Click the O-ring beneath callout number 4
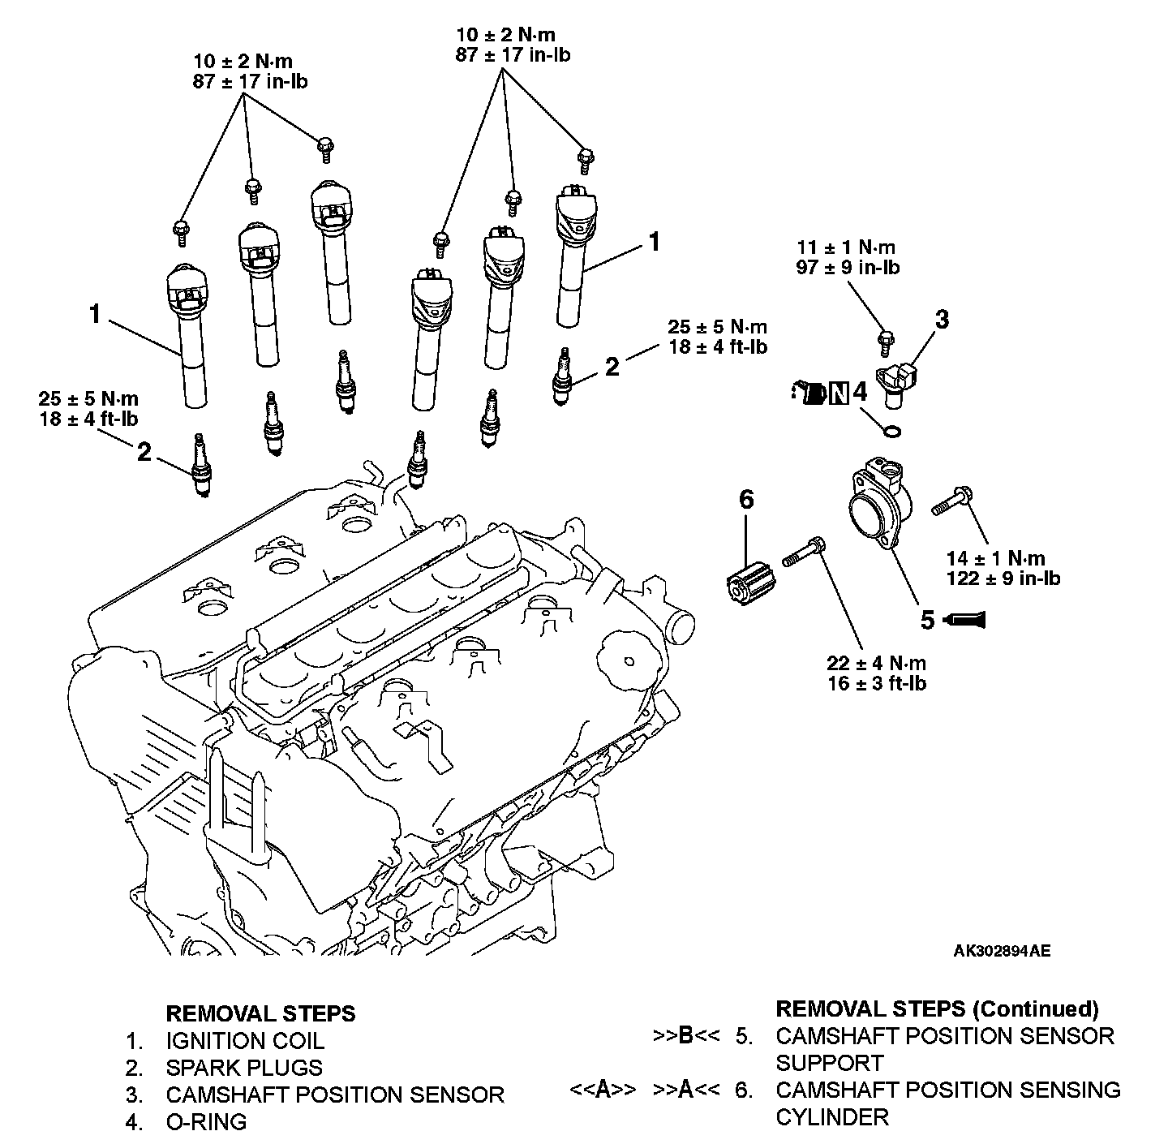[x=892, y=432]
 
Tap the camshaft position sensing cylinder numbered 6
[x=750, y=585]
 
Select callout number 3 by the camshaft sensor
[x=942, y=319]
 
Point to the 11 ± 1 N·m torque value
[x=845, y=247]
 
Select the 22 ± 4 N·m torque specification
[x=877, y=663]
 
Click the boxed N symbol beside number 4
[x=839, y=393]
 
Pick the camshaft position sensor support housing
[x=879, y=505]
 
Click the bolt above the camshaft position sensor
[x=886, y=342]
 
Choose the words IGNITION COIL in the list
[x=245, y=1041]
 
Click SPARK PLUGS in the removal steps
[x=244, y=1068]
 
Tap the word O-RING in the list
[x=207, y=1121]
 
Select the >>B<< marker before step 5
[x=685, y=1035]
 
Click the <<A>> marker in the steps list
[x=603, y=1090]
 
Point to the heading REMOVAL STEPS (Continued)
[x=937, y=1009]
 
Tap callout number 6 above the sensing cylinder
[x=746, y=500]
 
